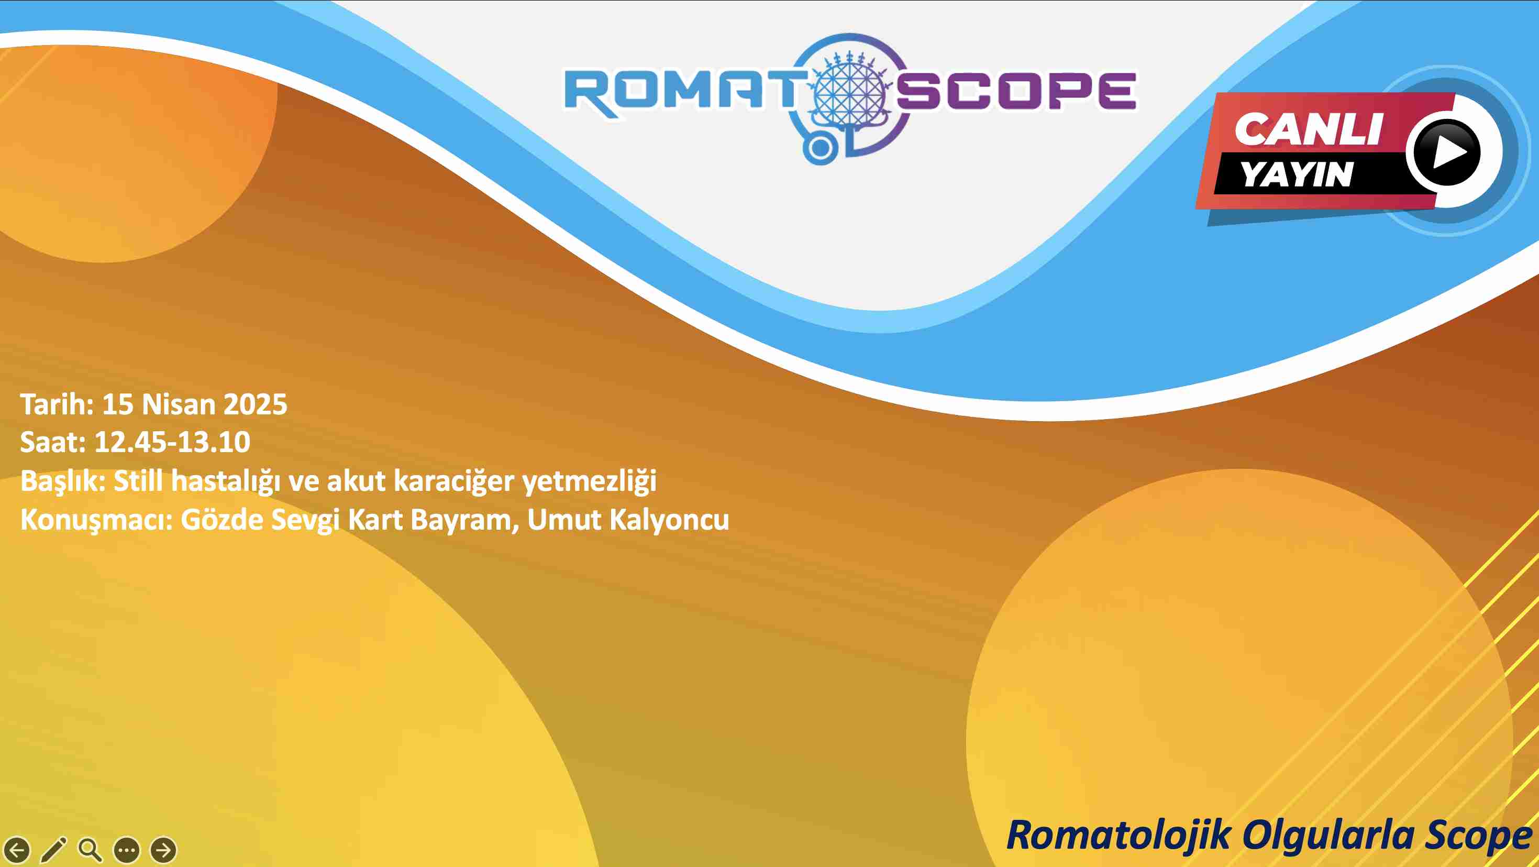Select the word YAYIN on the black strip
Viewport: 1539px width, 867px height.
(x=1297, y=174)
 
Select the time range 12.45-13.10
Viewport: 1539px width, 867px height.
(x=172, y=442)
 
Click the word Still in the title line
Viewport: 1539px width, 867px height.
(x=138, y=480)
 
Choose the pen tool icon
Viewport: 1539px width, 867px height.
(x=54, y=850)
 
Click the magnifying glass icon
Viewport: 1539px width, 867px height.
(x=90, y=850)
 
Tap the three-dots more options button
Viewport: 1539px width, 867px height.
(x=127, y=850)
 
